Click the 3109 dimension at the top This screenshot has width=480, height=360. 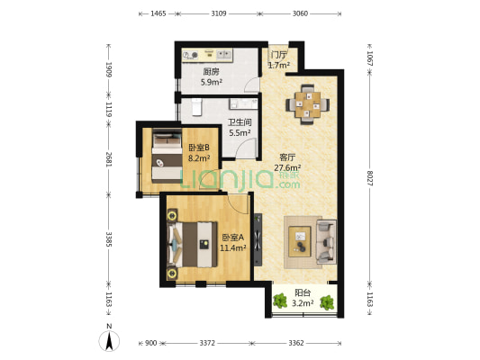(x=219, y=13)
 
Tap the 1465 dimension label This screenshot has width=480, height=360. (x=158, y=13)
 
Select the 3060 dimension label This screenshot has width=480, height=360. (x=300, y=13)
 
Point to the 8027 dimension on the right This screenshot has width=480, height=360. (x=370, y=178)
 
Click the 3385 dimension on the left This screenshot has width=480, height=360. (x=109, y=239)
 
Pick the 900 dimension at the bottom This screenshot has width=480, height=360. (x=150, y=343)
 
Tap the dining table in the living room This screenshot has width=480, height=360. (x=308, y=104)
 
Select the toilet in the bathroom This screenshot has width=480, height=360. (x=197, y=107)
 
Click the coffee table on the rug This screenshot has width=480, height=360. (x=300, y=241)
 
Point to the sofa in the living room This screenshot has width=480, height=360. (x=326, y=241)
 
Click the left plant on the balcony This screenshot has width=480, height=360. (x=280, y=301)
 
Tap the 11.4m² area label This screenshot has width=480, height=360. (x=233, y=247)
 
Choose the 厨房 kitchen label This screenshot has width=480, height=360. (x=212, y=72)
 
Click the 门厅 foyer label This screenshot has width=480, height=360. (x=278, y=55)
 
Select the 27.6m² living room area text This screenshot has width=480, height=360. (x=287, y=167)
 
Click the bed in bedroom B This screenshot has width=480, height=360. (x=167, y=156)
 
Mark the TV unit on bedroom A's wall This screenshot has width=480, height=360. (x=258, y=239)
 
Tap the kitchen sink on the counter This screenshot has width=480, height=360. (x=224, y=55)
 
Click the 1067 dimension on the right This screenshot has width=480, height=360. (x=370, y=58)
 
